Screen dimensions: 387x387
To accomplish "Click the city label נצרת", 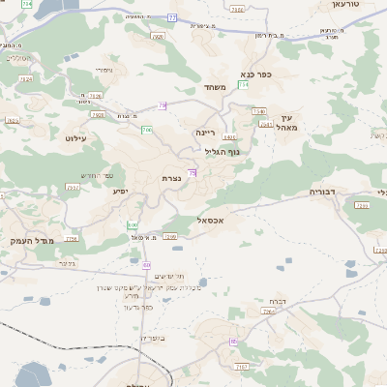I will [172, 179].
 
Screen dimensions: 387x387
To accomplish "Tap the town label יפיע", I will [121, 192].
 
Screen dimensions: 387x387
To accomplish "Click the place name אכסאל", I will [210, 221].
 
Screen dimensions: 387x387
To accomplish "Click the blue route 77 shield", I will [172, 17].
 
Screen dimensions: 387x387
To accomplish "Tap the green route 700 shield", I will [146, 129].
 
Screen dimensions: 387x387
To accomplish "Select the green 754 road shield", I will [244, 85].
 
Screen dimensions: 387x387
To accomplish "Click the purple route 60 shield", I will [147, 264].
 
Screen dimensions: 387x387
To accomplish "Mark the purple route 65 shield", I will [232, 342].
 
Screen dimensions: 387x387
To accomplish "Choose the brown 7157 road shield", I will [242, 367].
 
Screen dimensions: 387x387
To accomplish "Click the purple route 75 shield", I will [193, 172].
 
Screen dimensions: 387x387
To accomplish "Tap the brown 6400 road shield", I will [229, 138].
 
